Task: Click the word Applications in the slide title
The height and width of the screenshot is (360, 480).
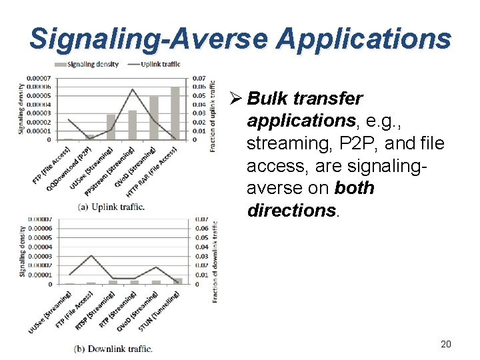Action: (x=364, y=39)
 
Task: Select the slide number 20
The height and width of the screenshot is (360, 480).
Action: (x=446, y=344)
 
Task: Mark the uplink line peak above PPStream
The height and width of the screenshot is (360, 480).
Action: (x=133, y=89)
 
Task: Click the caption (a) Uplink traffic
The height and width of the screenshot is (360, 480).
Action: (x=111, y=207)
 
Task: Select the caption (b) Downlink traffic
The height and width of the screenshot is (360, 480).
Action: (x=113, y=348)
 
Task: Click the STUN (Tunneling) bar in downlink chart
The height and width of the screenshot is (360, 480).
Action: (x=177, y=281)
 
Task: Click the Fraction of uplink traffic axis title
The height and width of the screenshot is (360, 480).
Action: (x=212, y=116)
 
